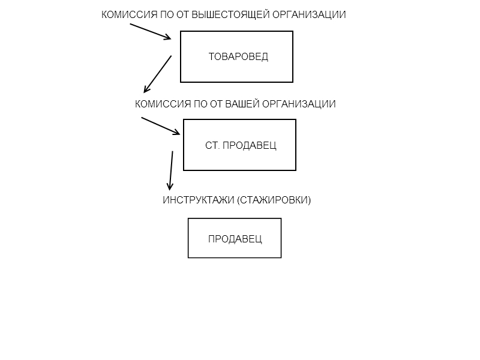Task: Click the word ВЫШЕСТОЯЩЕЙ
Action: tap(230, 14)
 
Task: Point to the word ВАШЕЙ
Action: tap(242, 104)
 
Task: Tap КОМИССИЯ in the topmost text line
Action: tap(129, 14)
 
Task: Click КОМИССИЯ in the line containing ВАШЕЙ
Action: tap(163, 104)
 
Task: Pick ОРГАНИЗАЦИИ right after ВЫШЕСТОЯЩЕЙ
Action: tap(309, 14)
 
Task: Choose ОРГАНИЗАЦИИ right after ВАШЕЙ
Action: tap(299, 104)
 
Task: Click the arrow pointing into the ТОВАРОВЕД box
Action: tap(151, 32)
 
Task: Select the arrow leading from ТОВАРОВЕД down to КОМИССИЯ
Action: tap(157, 74)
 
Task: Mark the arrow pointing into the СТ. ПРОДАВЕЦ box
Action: tap(161, 126)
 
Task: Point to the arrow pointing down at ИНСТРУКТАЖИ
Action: tap(171, 170)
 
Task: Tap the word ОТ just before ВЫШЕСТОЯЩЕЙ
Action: tap(183, 14)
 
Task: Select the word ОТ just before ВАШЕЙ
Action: tap(217, 104)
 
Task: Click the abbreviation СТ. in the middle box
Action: tap(212, 145)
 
